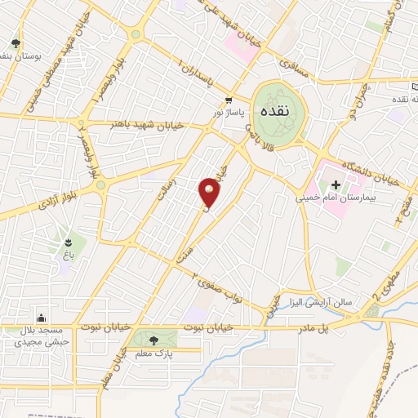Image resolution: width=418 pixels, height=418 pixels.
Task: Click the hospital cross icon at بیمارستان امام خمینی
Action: pos(334,185)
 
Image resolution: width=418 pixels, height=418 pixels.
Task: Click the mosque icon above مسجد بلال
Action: pos(41,318)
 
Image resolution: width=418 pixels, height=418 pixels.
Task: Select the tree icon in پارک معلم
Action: pos(154,340)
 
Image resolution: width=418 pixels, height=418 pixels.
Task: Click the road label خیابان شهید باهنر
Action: pos(143,126)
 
